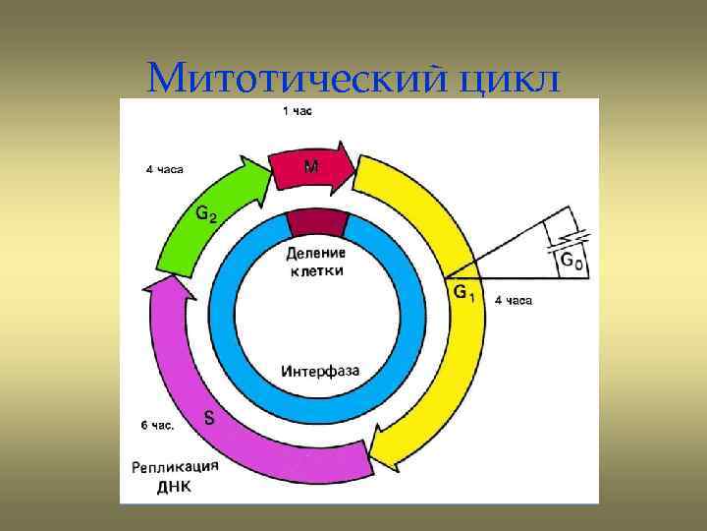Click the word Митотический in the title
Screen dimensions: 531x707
(296, 77)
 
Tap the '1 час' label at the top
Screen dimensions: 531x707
(298, 111)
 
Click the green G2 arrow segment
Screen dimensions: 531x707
(222, 216)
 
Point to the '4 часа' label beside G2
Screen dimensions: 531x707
(164, 169)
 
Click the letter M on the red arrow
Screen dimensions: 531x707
(310, 167)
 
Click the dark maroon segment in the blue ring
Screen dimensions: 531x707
(317, 223)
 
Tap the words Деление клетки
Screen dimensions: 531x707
(317, 262)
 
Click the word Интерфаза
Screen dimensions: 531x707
(319, 372)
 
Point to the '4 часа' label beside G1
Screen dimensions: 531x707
(513, 301)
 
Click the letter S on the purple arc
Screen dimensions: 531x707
(209, 417)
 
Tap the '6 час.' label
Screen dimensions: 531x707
(156, 426)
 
